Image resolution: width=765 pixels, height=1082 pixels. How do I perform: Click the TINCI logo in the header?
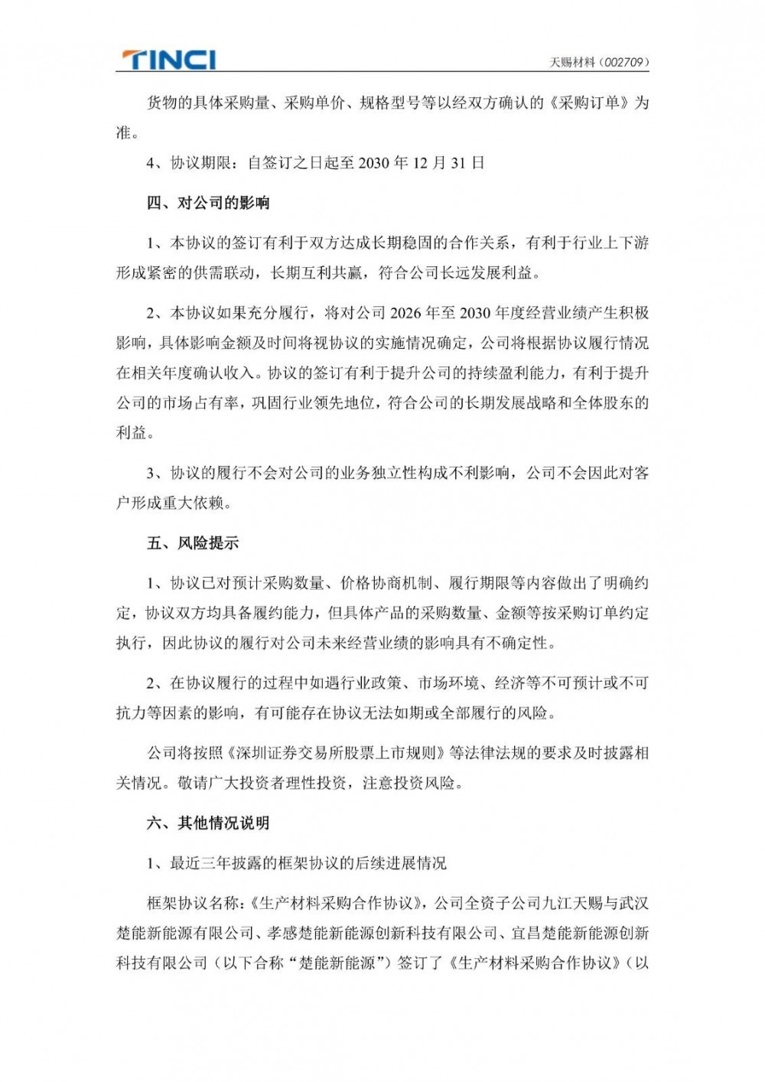click(x=169, y=60)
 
